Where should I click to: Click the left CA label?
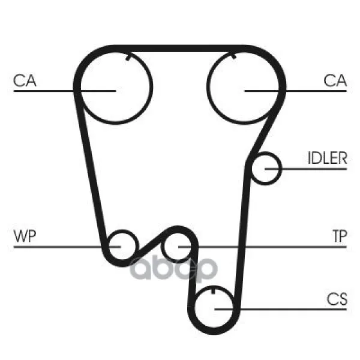click(x=25, y=80)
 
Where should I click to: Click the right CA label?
click(x=335, y=80)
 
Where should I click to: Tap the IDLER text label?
click(x=327, y=158)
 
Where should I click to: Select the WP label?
click(x=25, y=236)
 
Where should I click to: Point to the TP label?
click(x=340, y=236)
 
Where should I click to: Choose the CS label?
click(x=337, y=299)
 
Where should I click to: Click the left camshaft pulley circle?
click(x=152, y=87)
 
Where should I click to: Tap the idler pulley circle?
click(x=281, y=169)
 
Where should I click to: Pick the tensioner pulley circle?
click(x=161, y=247)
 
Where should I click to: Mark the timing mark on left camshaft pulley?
click(x=128, y=58)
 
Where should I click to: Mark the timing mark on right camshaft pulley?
click(x=233, y=56)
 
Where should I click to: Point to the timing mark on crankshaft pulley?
click(x=213, y=290)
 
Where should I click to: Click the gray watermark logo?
click(x=174, y=268)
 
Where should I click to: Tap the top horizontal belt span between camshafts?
click(x=179, y=49)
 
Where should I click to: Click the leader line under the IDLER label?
click(x=305, y=169)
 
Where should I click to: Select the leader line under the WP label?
click(x=67, y=247)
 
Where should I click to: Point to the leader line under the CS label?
click(x=281, y=309)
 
